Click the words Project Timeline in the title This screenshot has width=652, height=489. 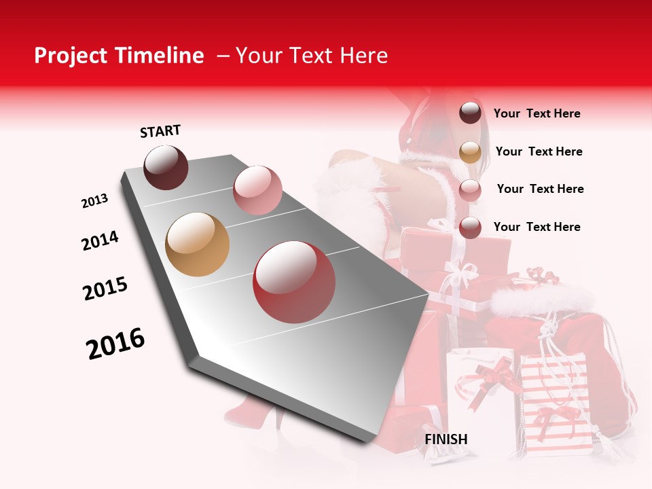pos(119,56)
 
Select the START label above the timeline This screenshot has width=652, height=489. pos(160,131)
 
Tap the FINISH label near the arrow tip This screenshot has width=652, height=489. pos(446,439)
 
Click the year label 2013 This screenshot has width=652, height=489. pos(95,201)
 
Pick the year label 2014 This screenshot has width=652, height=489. pos(100,240)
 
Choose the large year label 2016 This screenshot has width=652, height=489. pos(115,344)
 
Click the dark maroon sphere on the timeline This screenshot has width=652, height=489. pos(166,167)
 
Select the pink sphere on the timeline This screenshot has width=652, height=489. pos(257,190)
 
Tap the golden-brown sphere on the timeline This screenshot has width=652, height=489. pos(198,244)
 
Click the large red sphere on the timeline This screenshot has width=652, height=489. pos(294,282)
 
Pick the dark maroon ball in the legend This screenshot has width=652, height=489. pos(470,113)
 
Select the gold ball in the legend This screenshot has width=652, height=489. pos(470,151)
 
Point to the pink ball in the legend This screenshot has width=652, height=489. pos(470,189)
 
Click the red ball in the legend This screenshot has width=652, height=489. pos(470,228)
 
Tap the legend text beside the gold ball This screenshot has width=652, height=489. pos(539,151)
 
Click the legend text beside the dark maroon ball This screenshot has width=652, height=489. pos(537,113)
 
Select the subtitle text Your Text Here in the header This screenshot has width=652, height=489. pos(311,56)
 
